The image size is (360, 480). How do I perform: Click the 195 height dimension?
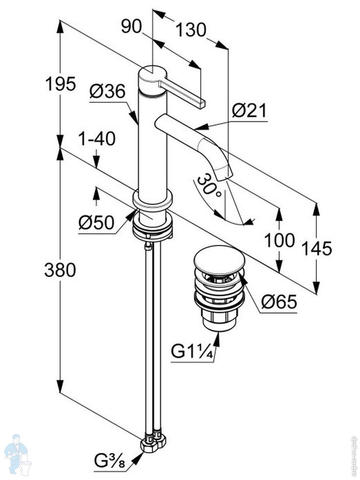click(60, 84)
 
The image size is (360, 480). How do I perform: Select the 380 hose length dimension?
click(60, 271)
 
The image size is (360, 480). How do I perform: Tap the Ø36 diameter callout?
click(107, 92)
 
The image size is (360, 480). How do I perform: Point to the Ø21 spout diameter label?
click(249, 110)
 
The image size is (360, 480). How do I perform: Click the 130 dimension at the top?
click(191, 30)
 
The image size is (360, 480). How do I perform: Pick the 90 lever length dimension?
click(132, 27)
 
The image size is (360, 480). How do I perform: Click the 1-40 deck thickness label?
click(96, 139)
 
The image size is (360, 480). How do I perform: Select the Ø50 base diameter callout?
click(96, 223)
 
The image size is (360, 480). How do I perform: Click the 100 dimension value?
click(280, 240)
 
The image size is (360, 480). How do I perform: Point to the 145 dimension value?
click(317, 248)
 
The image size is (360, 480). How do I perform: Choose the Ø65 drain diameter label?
click(279, 302)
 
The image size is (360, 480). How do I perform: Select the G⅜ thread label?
click(110, 463)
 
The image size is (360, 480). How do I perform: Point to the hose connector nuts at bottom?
click(154, 442)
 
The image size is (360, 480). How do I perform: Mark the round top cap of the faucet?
click(151, 76)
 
